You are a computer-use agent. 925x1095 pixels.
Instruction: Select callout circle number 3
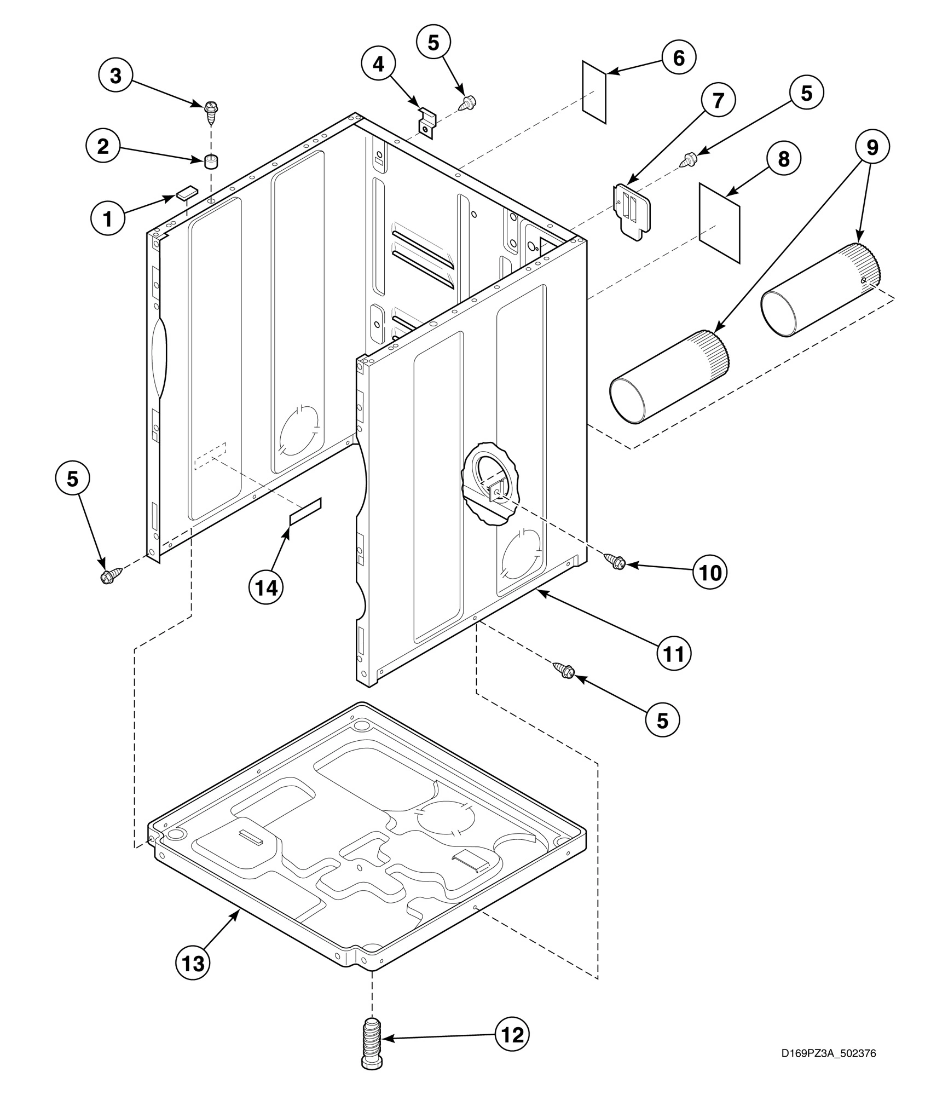coord(115,76)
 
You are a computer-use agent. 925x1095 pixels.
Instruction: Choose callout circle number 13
coord(193,964)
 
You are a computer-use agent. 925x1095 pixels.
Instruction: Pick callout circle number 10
coord(709,572)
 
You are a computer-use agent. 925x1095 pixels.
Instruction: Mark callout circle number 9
coord(872,147)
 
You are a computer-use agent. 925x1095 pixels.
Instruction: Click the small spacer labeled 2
coord(211,162)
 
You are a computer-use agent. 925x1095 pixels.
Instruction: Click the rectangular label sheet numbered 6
coord(594,92)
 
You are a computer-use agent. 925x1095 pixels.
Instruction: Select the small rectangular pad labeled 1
coord(186,193)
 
